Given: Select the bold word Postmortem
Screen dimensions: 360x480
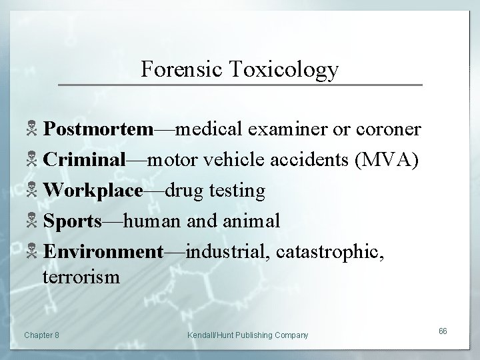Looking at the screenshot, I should pyautogui.click(x=98, y=129).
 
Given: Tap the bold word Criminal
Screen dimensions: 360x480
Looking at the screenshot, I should pyautogui.click(x=85, y=160).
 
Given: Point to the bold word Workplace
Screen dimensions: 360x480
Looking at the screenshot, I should pyautogui.click(x=93, y=191).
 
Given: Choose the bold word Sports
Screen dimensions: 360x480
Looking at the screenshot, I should pyautogui.click(x=73, y=221).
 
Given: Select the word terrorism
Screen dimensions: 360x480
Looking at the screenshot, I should pyautogui.click(x=81, y=276).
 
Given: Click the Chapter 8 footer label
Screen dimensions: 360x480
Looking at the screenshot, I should pyautogui.click(x=41, y=335).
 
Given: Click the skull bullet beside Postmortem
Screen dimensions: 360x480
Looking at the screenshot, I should pyautogui.click(x=32, y=129).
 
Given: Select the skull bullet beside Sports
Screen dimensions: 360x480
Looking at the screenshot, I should pyautogui.click(x=32, y=221).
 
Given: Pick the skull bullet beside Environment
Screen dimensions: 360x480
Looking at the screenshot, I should pyautogui.click(x=32, y=252).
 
